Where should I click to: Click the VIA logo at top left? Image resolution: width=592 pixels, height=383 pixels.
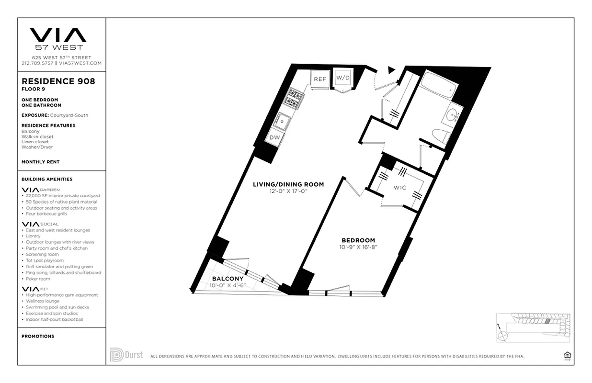(58, 35)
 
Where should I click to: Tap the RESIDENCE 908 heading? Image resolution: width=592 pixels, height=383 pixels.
(58, 81)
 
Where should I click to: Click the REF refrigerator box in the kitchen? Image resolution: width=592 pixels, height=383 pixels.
(319, 79)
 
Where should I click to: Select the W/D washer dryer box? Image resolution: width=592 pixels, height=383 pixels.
(342, 78)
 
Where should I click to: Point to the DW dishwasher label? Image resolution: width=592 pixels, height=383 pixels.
(274, 137)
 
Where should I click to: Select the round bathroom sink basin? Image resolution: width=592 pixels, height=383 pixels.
(453, 115)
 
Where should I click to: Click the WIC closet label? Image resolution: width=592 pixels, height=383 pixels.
(400, 188)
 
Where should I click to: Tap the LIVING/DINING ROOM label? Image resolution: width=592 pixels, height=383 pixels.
(288, 184)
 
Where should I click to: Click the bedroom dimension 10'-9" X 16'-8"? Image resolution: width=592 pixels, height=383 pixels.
(358, 248)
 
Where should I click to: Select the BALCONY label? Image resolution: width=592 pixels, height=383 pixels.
(228, 279)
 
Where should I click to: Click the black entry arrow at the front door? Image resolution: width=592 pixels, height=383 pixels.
(391, 70)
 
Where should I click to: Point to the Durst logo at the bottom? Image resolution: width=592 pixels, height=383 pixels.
(126, 355)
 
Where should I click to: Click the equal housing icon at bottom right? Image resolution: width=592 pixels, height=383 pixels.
(568, 355)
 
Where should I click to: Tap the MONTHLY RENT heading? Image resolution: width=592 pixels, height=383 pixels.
(41, 162)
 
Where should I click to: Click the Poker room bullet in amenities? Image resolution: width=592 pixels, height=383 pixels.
(38, 279)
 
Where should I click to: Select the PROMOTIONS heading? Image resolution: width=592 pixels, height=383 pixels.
(38, 336)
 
